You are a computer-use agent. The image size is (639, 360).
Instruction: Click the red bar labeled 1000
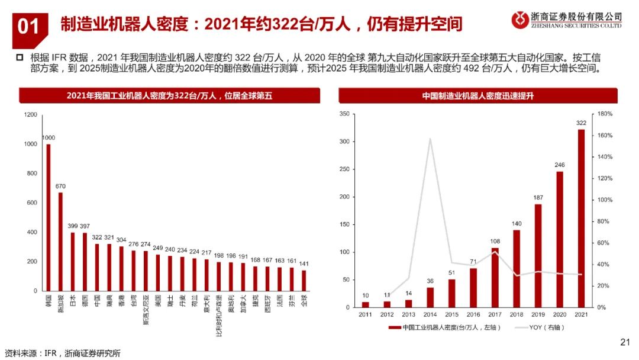[x=49, y=217]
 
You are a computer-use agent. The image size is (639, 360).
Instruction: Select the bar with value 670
[x=60, y=242]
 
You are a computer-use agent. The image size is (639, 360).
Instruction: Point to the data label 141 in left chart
[x=304, y=263]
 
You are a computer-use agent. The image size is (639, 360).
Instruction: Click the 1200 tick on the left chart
[x=30, y=115]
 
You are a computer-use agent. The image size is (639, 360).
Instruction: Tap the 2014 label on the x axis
[x=430, y=314]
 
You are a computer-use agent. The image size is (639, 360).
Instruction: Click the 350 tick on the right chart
[x=345, y=114]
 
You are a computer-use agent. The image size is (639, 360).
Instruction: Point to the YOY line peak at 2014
[x=430, y=139]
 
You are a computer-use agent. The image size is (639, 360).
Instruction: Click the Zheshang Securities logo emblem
[x=521, y=20]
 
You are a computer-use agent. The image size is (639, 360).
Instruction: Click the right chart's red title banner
[x=477, y=95]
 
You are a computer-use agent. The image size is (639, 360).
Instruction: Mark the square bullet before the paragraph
[x=18, y=57]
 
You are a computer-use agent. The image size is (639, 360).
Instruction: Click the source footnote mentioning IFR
[x=62, y=353]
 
